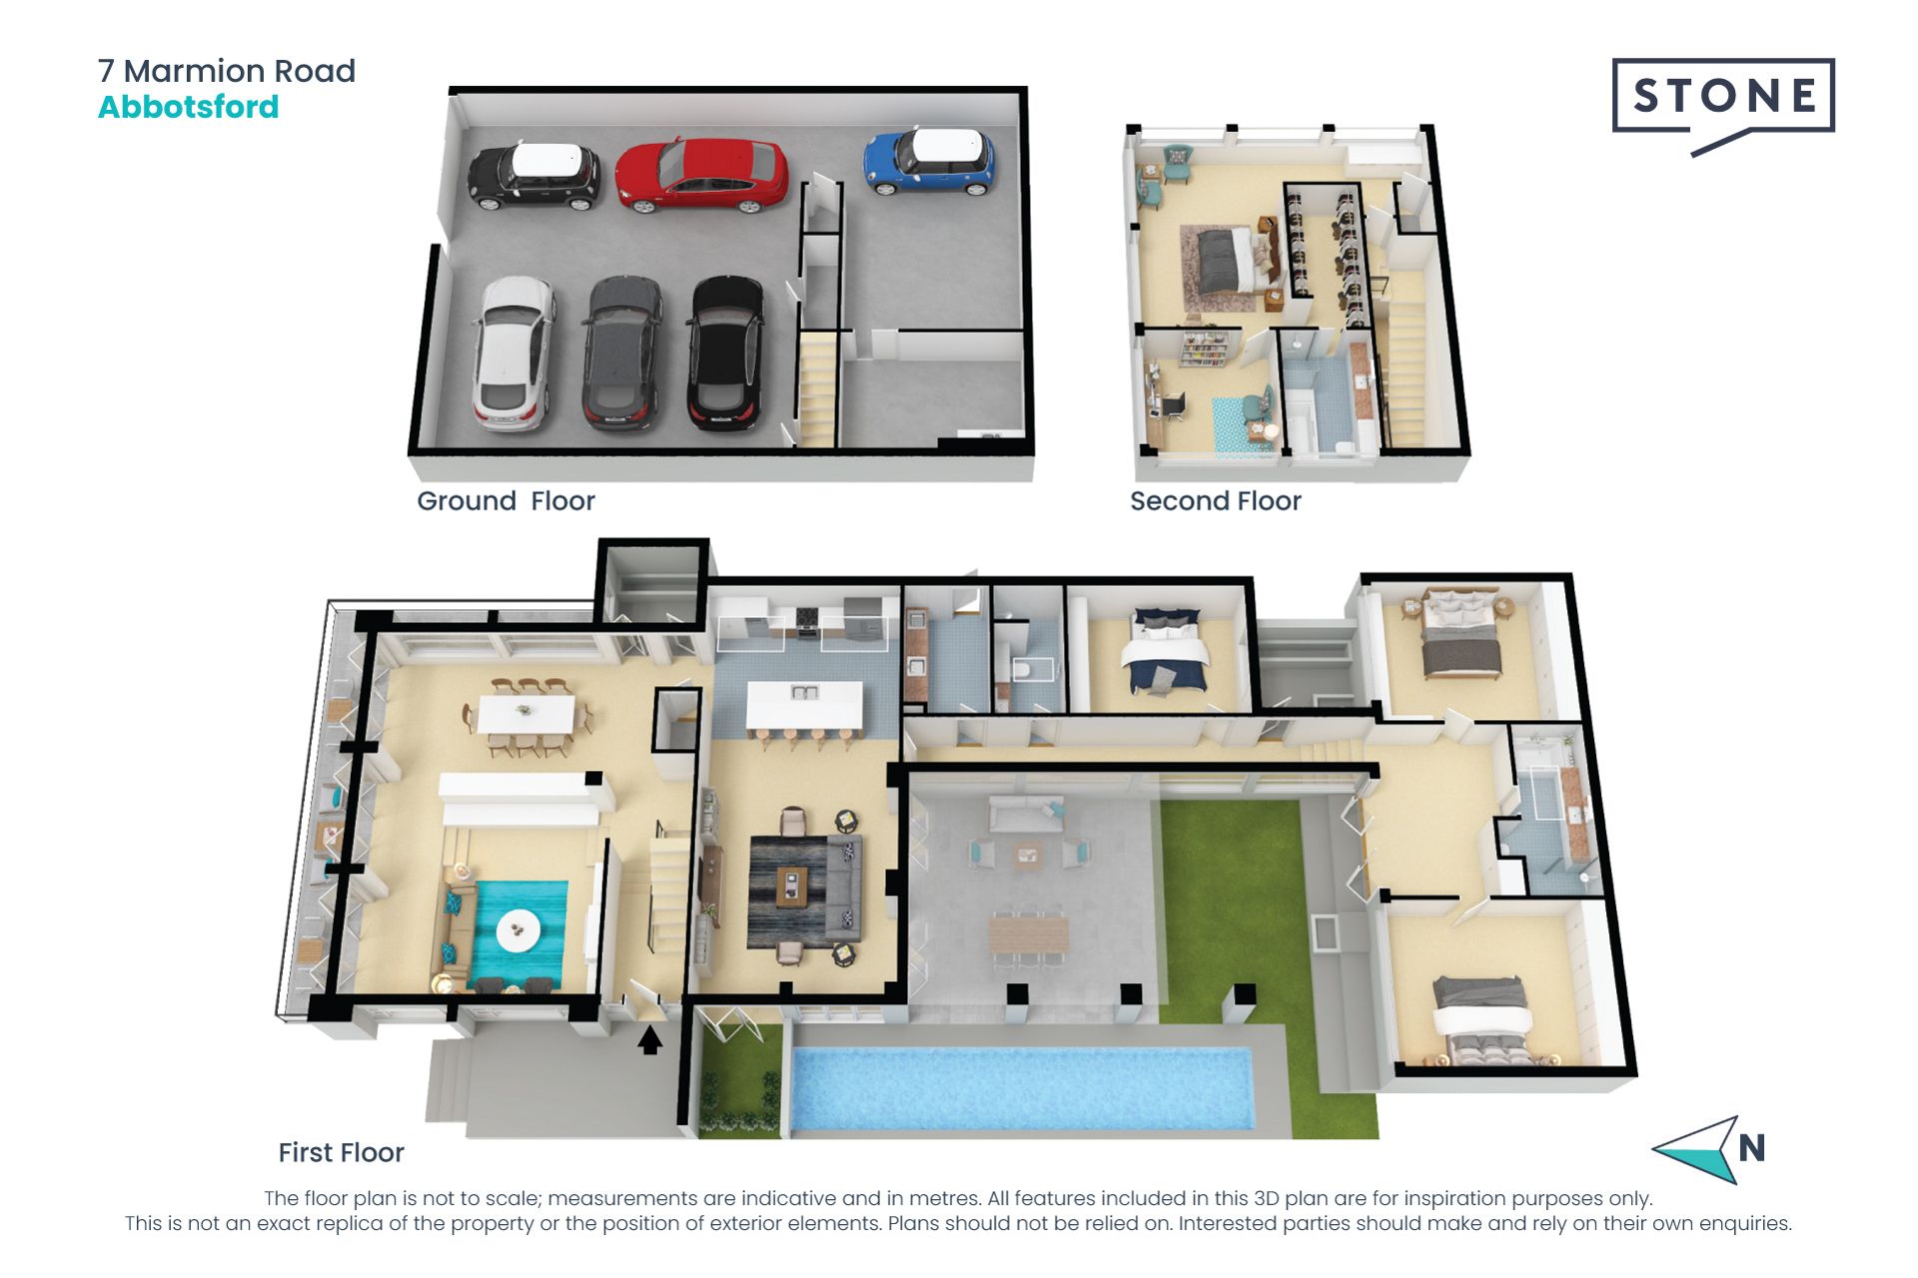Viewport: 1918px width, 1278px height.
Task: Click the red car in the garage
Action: point(701,176)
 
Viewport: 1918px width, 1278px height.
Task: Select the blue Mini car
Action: point(929,161)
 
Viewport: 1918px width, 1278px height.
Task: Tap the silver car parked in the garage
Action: point(513,353)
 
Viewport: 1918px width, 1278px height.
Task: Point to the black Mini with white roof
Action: point(534,176)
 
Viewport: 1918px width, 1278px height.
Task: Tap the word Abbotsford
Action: point(188,107)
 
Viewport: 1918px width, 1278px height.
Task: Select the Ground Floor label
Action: point(505,500)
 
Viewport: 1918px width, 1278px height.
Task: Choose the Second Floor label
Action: point(1215,500)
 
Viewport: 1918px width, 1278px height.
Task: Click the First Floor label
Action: point(341,1152)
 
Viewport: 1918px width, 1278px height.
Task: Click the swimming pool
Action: point(1021,1088)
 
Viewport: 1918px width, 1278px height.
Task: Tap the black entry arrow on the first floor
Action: point(650,1040)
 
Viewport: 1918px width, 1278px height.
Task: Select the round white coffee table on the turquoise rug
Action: point(518,930)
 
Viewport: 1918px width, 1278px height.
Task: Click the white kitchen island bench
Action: point(804,705)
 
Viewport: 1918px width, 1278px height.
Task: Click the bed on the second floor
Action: point(1225,261)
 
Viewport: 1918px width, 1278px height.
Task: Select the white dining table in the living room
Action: point(526,714)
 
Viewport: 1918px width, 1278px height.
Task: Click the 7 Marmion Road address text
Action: point(227,71)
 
